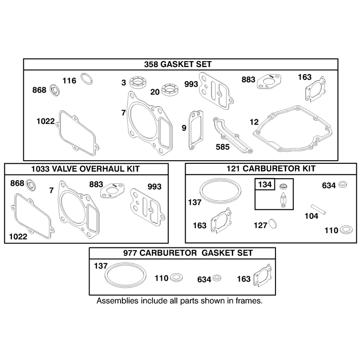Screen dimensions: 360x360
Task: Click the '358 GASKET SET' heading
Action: tap(178, 64)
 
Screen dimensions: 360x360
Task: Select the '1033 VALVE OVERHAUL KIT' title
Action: tap(85, 169)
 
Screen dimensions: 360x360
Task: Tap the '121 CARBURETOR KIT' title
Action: tap(271, 169)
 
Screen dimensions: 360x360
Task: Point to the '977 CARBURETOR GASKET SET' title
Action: tap(188, 253)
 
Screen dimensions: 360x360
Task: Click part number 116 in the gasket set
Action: tap(69, 81)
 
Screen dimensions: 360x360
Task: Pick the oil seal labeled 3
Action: tap(138, 82)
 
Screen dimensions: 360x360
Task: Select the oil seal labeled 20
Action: tap(170, 90)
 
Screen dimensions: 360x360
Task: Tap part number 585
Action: tap(223, 147)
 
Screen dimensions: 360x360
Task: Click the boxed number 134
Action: tap(265, 184)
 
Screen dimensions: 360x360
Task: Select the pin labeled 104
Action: tap(318, 209)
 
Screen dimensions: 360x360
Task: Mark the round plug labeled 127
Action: tap(273, 223)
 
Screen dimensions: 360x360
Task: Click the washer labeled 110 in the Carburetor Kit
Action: tap(346, 230)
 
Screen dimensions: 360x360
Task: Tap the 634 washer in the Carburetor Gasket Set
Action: tap(217, 278)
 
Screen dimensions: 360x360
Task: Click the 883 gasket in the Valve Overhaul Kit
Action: tap(112, 190)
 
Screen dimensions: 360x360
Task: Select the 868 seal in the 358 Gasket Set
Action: tap(55, 90)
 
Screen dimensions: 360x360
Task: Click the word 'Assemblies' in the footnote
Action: tap(117, 301)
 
